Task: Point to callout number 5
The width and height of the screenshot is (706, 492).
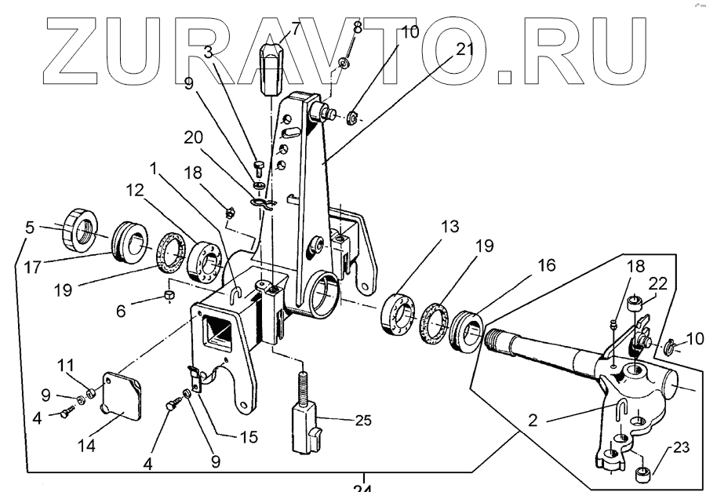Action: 30,228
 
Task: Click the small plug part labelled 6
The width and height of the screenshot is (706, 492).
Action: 167,294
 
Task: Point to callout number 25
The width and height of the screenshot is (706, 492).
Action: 362,420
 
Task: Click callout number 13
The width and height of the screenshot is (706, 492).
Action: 426,228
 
